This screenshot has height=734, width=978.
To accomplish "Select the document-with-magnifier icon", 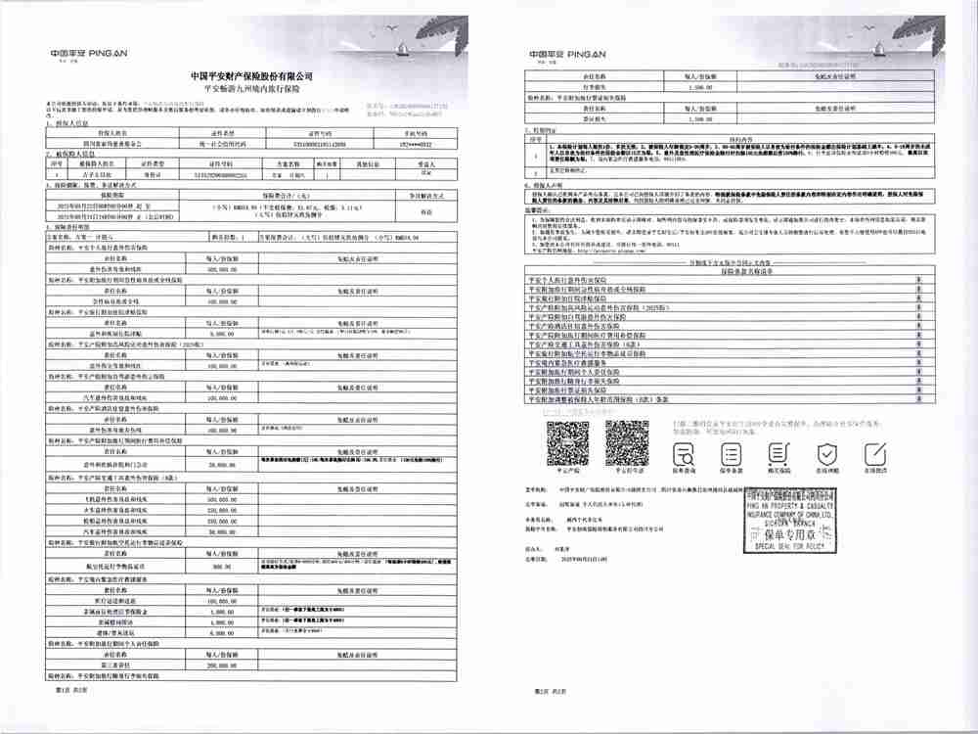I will pyautogui.click(x=686, y=451).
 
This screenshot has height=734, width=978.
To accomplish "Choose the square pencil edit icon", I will pyautogui.click(x=779, y=451).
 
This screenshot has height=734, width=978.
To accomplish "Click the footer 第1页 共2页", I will pyautogui.click(x=59, y=691).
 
